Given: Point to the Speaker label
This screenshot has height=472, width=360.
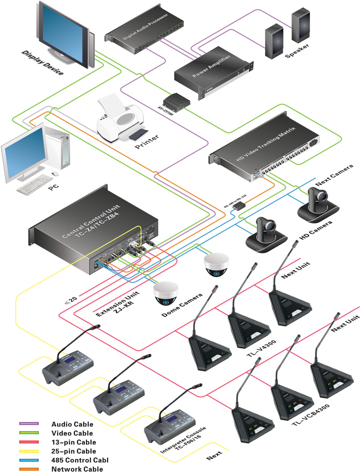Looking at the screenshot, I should pos(297,56).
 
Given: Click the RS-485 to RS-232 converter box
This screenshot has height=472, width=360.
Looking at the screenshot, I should pos(238,206).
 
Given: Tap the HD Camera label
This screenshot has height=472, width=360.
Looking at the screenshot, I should pos(316,229).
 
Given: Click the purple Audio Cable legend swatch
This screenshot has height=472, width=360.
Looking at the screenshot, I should pos(29,424).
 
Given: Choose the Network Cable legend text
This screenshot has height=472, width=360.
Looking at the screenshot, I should pos(77,469).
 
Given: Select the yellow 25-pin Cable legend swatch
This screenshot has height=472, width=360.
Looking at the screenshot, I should pos(29,451).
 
